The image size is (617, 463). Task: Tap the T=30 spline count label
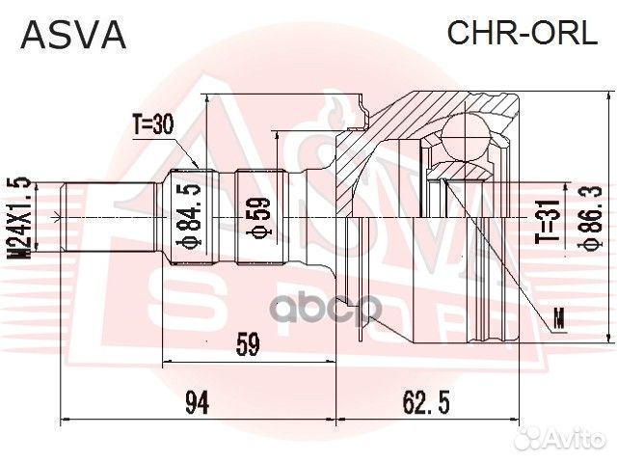point(151,123)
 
